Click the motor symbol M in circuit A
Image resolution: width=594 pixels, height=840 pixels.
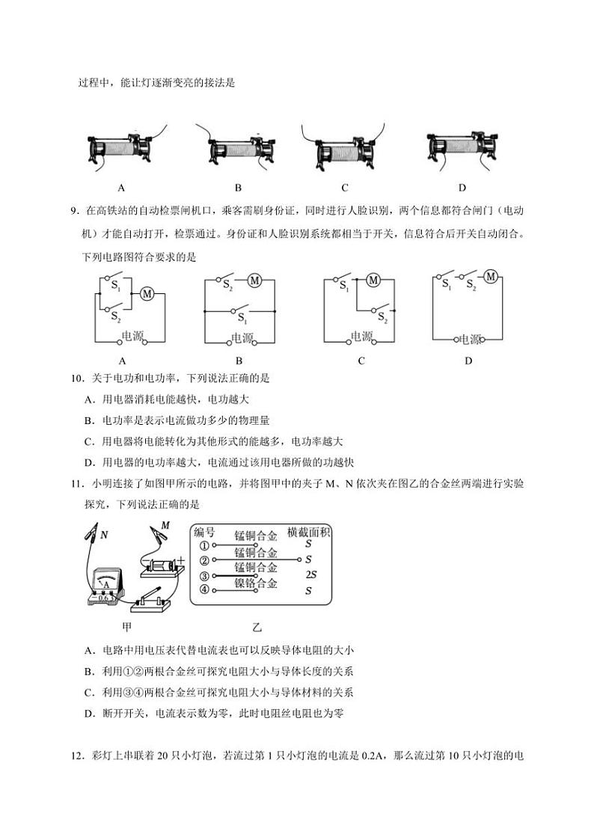click(147, 294)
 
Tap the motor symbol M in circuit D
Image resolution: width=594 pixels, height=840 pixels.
click(491, 277)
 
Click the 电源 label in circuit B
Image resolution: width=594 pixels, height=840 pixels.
click(242, 338)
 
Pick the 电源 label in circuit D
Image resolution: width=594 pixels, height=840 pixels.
click(470, 339)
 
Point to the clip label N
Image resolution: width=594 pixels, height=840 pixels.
click(104, 535)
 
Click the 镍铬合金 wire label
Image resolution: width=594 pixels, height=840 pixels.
click(256, 583)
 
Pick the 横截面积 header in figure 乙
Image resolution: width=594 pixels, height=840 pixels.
click(309, 533)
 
